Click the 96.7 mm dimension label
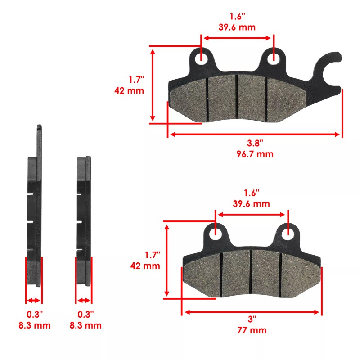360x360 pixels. [x=255, y=154]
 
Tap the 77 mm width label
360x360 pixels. [x=252, y=330]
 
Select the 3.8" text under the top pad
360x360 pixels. [x=255, y=143]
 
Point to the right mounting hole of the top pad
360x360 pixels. [x=272, y=58]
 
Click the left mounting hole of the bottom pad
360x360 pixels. [x=216, y=233]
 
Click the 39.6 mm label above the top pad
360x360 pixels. [x=237, y=27]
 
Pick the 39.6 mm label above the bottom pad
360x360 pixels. [x=251, y=203]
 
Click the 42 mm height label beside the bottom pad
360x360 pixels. [x=145, y=265]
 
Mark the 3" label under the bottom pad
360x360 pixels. [x=252, y=319]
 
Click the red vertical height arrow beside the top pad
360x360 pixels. [x=153, y=85]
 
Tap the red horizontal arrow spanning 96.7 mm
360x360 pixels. [x=255, y=134]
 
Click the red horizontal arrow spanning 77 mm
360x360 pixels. [x=252, y=311]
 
